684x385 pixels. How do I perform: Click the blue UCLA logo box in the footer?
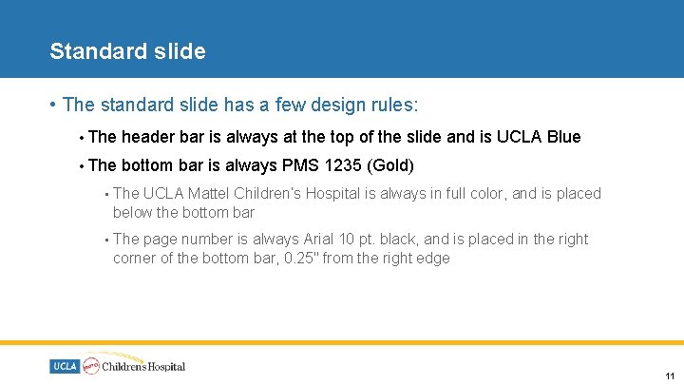[x=65, y=366]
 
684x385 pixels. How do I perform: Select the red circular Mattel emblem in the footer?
[x=91, y=366]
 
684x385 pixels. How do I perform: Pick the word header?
[x=148, y=137]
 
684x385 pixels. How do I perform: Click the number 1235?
[x=343, y=165]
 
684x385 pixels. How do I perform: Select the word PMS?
[x=302, y=165]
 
